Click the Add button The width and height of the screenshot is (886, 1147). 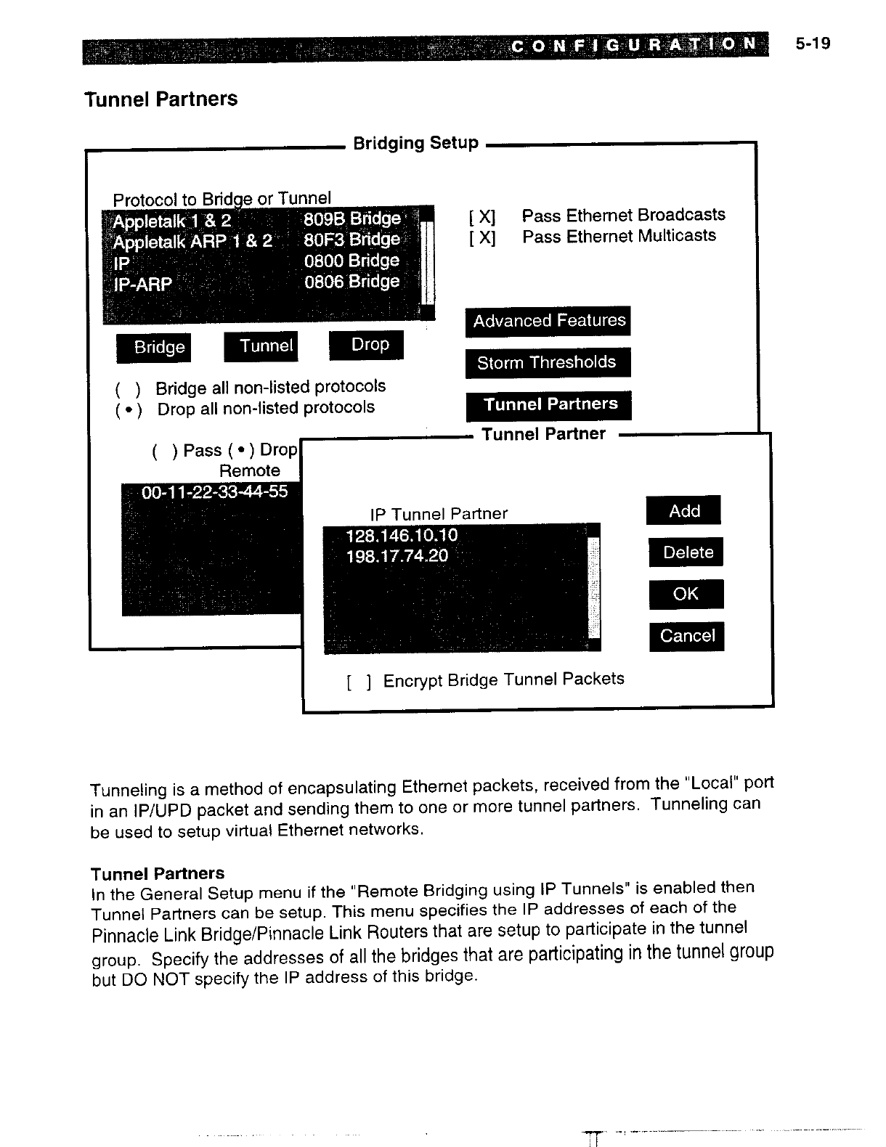[x=683, y=510]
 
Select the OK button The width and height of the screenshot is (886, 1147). [x=686, y=594]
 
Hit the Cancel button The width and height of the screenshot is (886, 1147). [x=687, y=636]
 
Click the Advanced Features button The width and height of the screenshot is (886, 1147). [x=548, y=321]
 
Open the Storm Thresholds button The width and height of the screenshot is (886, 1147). [x=548, y=362]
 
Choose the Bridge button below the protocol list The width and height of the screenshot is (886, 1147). [x=153, y=348]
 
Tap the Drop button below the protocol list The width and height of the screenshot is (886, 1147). [x=366, y=345]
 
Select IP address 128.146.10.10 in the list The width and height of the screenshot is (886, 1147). [x=402, y=536]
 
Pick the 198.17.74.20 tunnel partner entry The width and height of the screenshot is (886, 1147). [x=397, y=556]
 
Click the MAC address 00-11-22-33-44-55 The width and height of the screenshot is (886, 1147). [x=214, y=493]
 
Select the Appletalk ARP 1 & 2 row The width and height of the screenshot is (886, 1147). [x=192, y=240]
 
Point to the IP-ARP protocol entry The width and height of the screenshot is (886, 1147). [x=143, y=284]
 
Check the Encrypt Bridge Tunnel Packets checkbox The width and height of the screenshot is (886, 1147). [x=359, y=682]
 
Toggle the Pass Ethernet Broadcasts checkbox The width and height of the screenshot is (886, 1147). [x=482, y=216]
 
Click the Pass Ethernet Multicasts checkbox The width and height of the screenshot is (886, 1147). [x=482, y=237]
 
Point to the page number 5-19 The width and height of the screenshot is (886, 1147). [x=812, y=44]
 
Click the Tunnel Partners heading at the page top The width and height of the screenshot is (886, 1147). [x=161, y=99]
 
